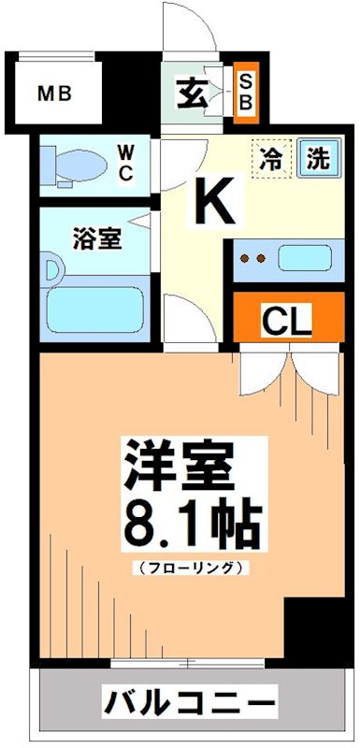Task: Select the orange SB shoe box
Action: [245, 93]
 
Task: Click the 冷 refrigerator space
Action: [271, 157]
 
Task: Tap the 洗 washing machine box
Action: [317, 157]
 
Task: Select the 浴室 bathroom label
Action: [96, 238]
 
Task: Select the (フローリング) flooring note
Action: [192, 567]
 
